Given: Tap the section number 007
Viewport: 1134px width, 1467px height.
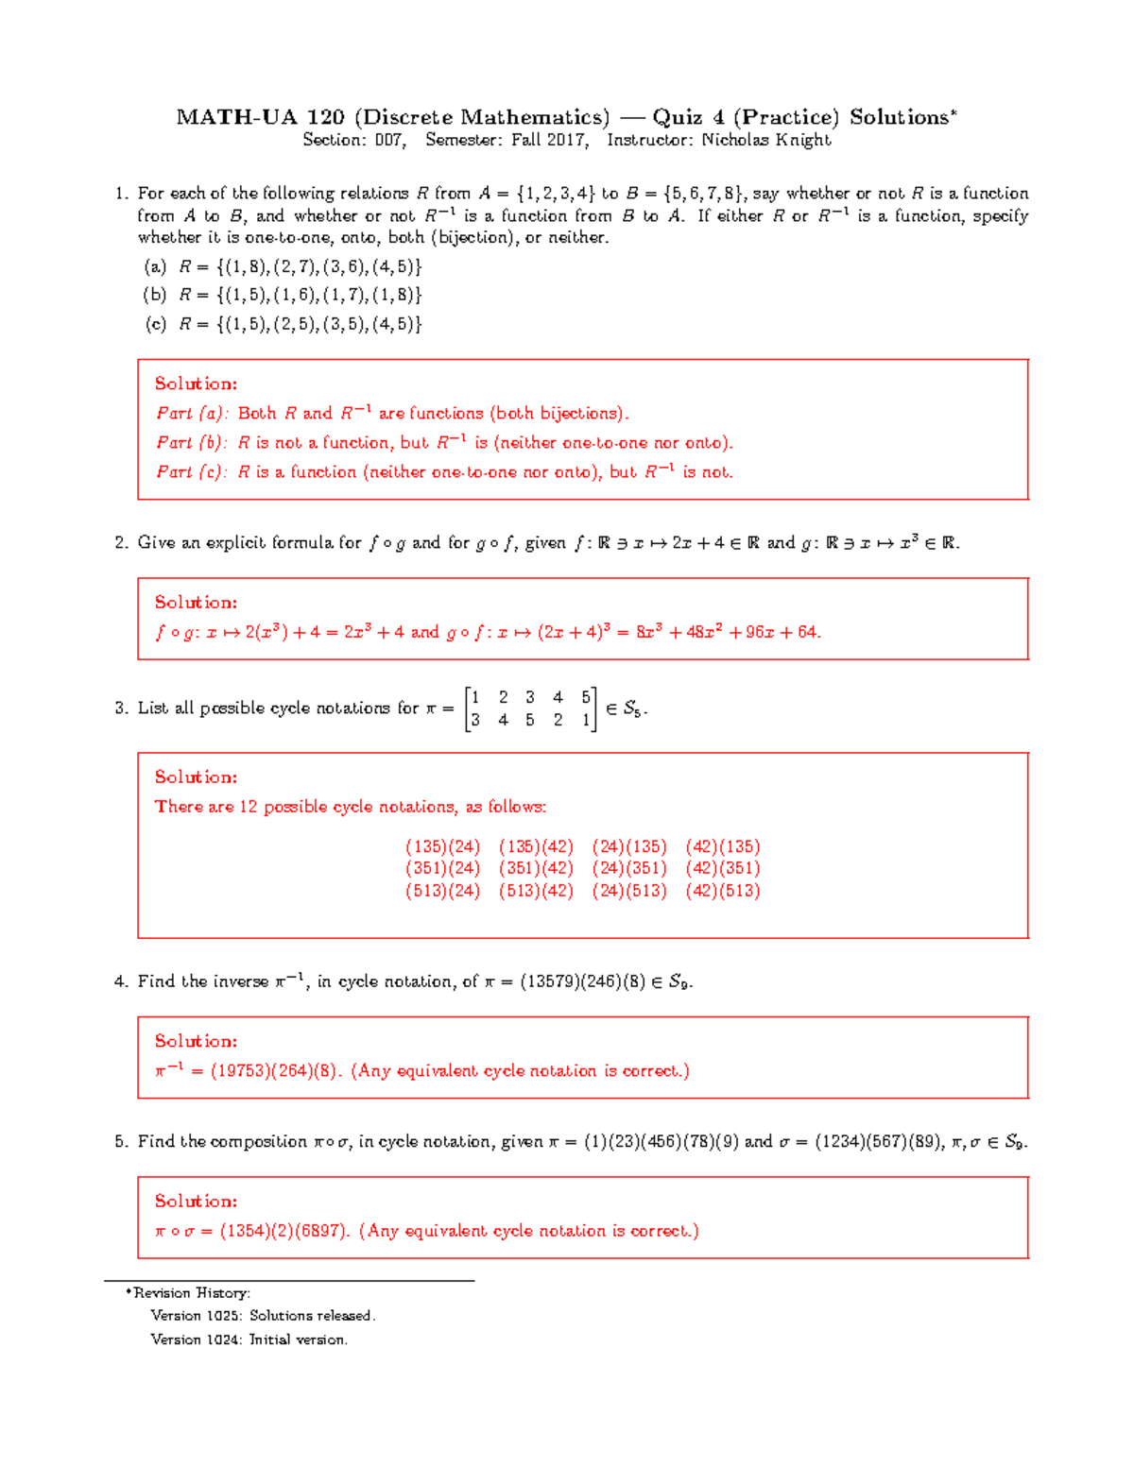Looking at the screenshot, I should (x=389, y=140).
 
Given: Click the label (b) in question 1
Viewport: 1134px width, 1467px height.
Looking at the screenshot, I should (x=154, y=295).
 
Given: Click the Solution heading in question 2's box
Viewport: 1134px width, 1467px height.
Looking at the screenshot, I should (x=196, y=602).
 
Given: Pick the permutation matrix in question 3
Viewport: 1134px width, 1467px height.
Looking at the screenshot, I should (x=530, y=708).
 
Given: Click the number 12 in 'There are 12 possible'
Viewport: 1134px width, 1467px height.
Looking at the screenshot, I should (x=248, y=807).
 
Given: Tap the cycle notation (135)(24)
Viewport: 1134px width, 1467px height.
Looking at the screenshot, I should (x=442, y=846).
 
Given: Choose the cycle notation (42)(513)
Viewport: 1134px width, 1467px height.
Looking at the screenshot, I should (x=722, y=891).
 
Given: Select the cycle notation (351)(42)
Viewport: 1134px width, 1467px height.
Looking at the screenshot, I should (x=536, y=868).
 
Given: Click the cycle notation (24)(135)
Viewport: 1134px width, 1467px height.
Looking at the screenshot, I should (x=629, y=846).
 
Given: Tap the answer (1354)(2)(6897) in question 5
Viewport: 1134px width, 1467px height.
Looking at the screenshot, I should (x=284, y=1231).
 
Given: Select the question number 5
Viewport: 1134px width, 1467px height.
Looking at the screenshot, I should (x=120, y=1141).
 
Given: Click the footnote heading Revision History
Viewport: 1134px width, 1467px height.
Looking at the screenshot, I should (x=191, y=1292).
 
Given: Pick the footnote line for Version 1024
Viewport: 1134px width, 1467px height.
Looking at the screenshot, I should (x=249, y=1339).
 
